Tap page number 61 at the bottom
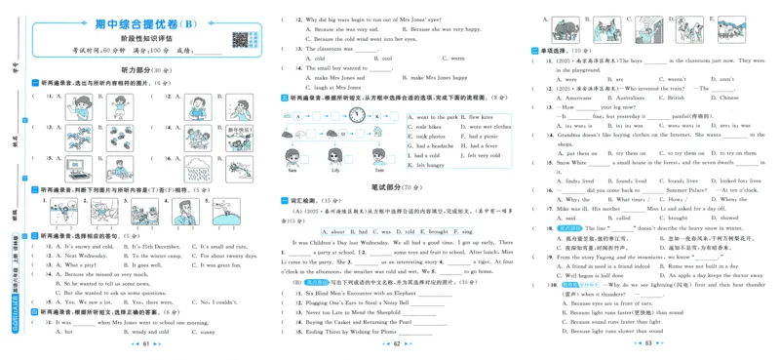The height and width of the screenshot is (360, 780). click(x=145, y=344)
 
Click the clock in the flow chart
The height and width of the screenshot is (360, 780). click(x=358, y=116)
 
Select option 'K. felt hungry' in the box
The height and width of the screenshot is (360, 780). click(x=427, y=165)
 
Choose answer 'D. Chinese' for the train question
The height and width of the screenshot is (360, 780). click(x=723, y=98)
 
